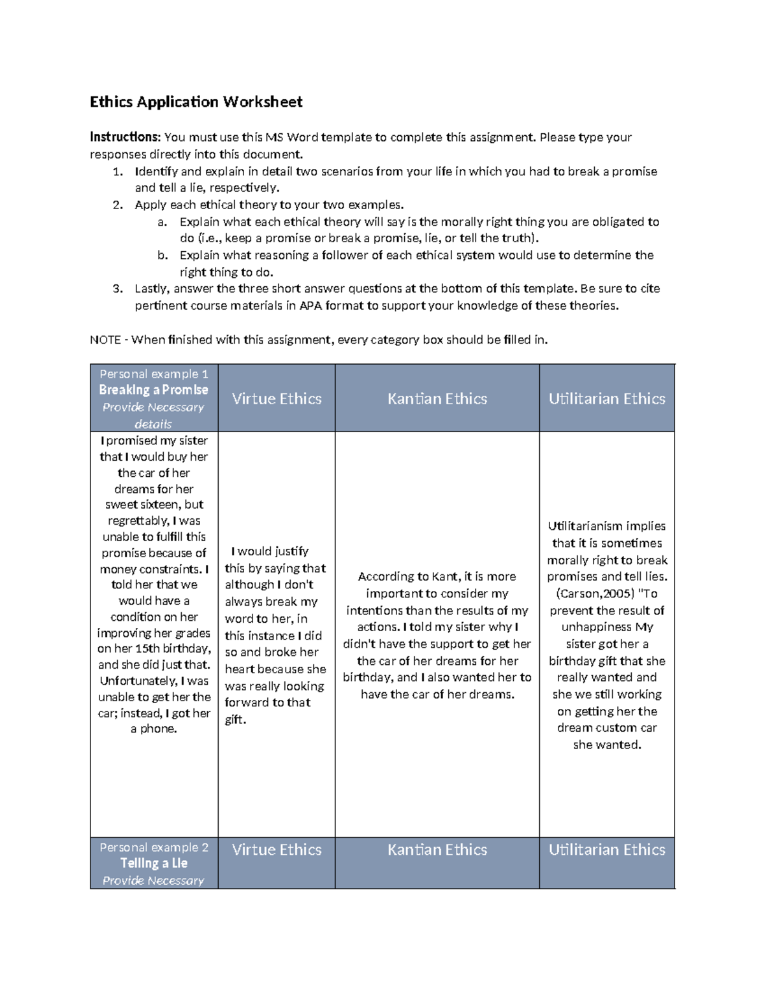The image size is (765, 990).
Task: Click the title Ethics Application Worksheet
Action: tap(196, 102)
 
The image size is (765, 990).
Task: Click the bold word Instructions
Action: tap(124, 137)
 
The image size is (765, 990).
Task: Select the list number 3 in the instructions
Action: tap(117, 289)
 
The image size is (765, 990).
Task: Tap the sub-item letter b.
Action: tap(162, 255)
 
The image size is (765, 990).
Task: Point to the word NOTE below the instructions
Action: tap(106, 340)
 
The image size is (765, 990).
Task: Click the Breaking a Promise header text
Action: tap(153, 390)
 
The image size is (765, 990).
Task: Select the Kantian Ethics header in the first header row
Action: tap(437, 399)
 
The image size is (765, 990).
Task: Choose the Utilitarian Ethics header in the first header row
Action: tap(606, 399)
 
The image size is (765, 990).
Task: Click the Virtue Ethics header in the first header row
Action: tap(277, 399)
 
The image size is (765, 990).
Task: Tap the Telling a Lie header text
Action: tap(154, 863)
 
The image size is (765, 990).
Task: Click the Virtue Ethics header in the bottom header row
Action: tap(277, 850)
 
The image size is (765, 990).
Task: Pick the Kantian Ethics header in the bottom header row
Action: tap(437, 850)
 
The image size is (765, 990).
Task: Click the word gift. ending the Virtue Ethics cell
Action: tap(235, 720)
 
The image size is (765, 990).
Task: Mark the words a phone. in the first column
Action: tap(154, 729)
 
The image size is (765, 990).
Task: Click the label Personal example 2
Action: tap(154, 847)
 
